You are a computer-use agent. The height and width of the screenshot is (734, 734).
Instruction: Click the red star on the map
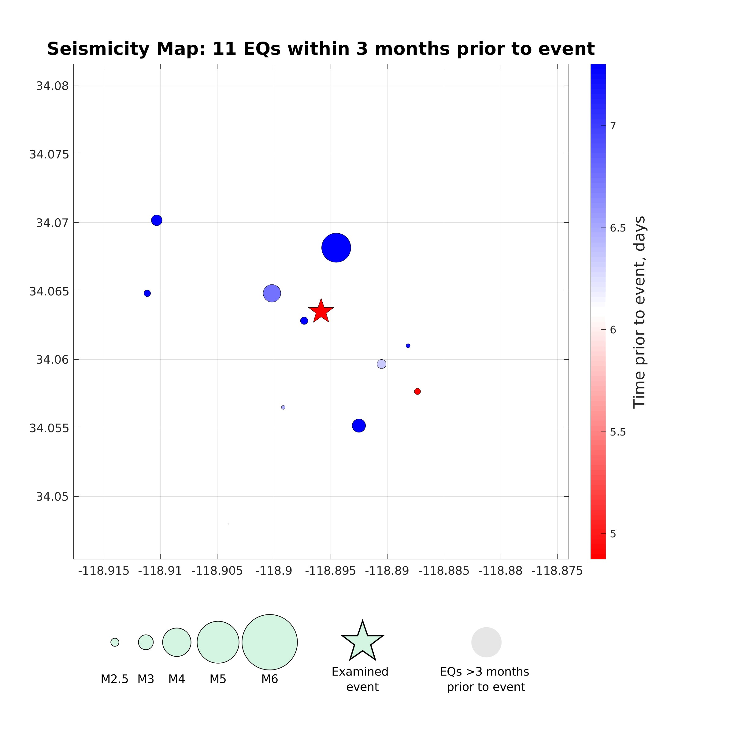pos(321,311)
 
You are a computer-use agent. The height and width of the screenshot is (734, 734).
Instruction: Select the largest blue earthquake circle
pos(336,248)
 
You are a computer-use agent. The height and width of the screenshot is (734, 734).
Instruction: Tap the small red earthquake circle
pos(417,391)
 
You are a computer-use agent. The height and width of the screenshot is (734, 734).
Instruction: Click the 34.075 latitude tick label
pos(49,155)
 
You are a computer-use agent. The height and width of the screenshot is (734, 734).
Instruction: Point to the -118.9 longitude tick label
pos(274,571)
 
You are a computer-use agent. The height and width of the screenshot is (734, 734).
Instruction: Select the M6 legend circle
pos(269,642)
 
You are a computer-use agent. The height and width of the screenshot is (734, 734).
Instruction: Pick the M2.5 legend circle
pos(115,642)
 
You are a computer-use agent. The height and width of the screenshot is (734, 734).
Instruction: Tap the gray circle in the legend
pos(486,642)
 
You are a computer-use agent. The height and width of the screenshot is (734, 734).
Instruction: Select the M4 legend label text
pos(177,679)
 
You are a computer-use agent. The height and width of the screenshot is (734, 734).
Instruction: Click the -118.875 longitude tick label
pos(557,571)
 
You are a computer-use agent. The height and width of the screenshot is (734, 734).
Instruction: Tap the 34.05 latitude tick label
pos(52,497)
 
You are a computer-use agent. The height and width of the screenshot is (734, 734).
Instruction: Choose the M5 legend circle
pos(218,642)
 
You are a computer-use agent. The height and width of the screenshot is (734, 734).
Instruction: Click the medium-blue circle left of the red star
pos(272,293)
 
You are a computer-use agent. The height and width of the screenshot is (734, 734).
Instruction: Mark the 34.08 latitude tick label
pos(52,86)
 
